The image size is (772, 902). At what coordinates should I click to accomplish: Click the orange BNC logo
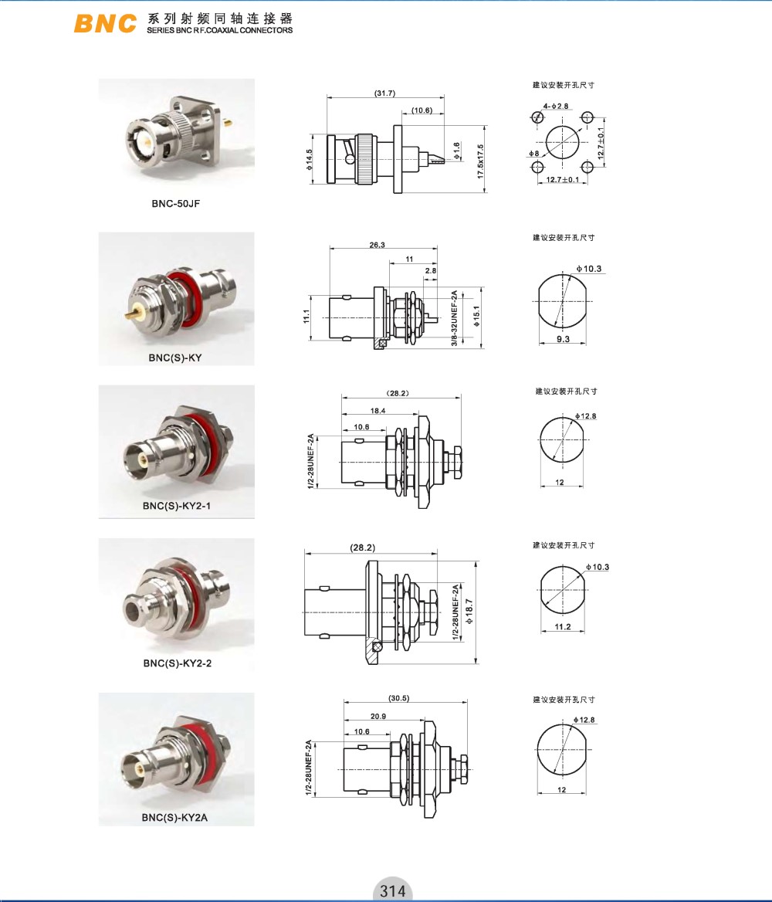(x=105, y=23)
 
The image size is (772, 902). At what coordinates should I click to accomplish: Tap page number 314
(x=392, y=890)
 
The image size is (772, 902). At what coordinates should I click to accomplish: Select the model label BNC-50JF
(x=175, y=204)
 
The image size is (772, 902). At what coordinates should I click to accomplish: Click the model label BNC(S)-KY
(x=175, y=358)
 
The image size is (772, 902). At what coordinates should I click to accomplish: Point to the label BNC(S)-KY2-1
(x=177, y=507)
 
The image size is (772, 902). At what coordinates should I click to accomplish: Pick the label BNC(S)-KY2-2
(x=178, y=663)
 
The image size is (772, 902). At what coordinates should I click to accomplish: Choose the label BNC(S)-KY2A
(x=174, y=817)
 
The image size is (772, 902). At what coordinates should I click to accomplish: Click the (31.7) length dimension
(x=385, y=93)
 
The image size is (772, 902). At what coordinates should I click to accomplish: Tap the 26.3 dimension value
(x=378, y=245)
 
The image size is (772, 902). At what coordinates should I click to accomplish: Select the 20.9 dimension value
(x=378, y=716)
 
